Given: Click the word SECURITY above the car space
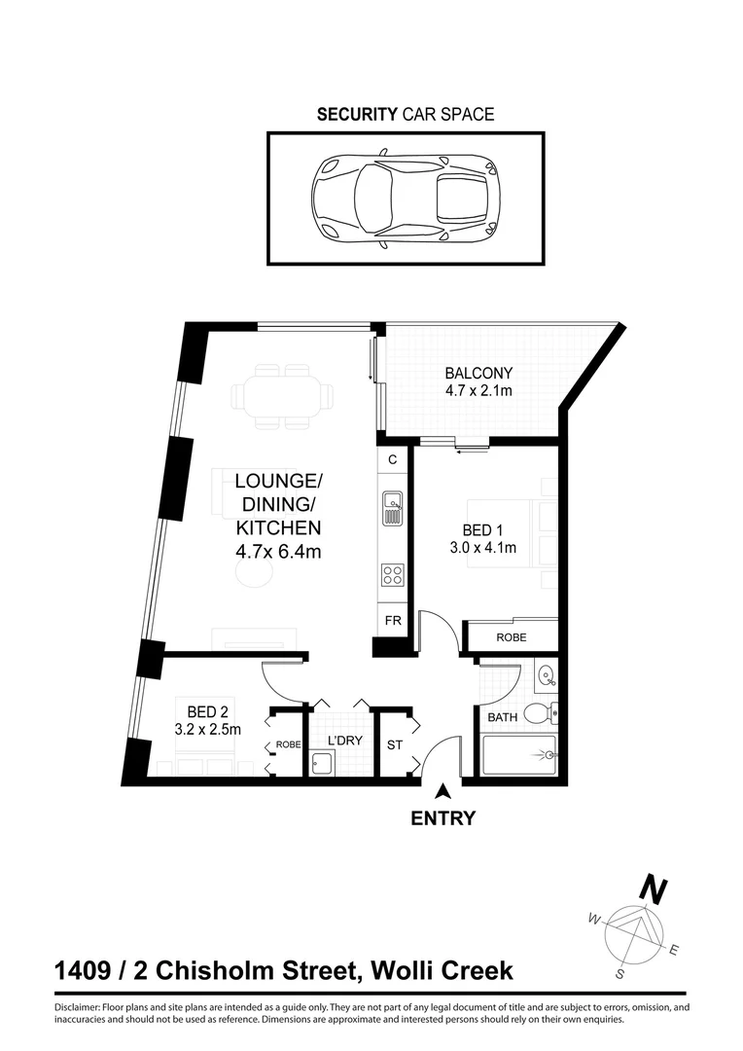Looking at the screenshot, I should pos(357,115).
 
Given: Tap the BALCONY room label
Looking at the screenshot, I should pos(478,373).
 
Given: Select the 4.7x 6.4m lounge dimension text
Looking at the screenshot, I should pos(278,552).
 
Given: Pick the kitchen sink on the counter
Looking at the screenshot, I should pos(392,507).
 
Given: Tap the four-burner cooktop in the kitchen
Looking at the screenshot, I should pos(392,575).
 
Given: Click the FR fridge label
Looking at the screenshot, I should pos(393,620).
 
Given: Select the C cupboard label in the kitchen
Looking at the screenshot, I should pos(393,459).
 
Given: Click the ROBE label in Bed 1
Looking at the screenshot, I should pos(512,639).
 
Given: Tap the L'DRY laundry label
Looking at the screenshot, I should pos(344,742).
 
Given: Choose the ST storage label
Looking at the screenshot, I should pos(394,745).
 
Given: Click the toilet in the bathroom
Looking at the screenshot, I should pos(537,714).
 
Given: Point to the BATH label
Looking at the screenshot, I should pos(503,718).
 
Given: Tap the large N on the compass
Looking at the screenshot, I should pos(652,889).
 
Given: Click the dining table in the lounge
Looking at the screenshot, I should pos(281,396).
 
